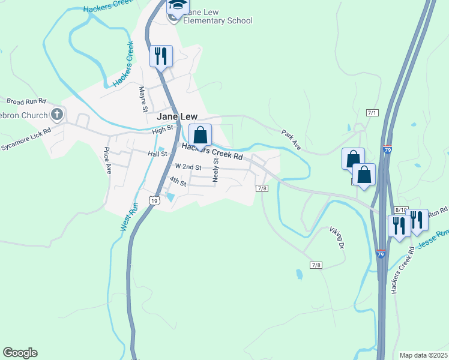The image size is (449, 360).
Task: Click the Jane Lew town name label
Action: point(177,116)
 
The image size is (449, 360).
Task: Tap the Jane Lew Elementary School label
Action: point(217,16)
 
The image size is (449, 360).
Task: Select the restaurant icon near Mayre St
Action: point(161,56)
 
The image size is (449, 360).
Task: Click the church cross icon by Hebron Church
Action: point(57,114)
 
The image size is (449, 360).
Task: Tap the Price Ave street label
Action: point(108,160)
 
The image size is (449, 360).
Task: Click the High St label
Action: point(162,129)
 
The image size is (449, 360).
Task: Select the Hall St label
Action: point(157,154)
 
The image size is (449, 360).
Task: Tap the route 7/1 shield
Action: point(372,113)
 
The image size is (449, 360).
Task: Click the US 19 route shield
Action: point(154,201)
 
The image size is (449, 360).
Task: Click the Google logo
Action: point(20,353)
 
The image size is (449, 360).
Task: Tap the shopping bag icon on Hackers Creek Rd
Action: point(200,134)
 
